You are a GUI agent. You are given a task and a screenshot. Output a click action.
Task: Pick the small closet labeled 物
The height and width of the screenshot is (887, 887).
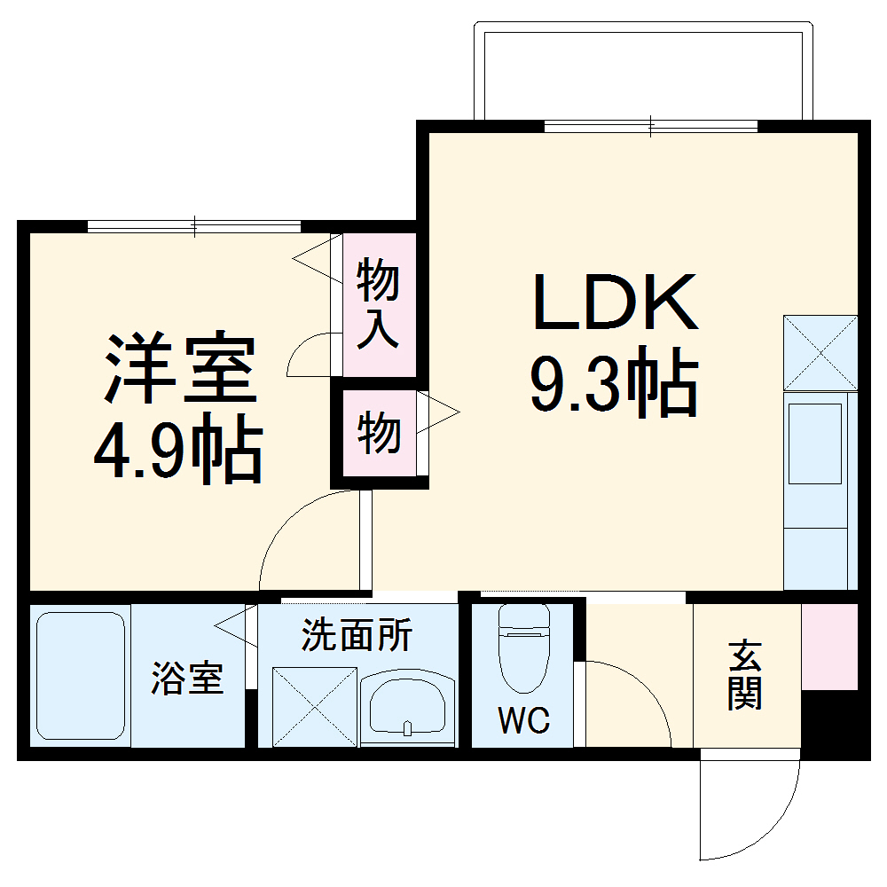[379, 435]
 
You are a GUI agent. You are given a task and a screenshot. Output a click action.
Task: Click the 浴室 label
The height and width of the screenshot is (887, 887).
[186, 679]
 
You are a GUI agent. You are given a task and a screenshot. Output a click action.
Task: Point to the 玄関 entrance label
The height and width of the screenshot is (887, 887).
[745, 676]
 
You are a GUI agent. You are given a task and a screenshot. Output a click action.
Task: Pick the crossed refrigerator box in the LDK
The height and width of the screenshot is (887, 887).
[820, 353]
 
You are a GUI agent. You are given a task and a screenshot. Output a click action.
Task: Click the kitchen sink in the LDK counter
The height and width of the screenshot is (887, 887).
[815, 443]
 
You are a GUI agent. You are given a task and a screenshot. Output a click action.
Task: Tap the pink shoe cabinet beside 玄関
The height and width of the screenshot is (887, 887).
[829, 646]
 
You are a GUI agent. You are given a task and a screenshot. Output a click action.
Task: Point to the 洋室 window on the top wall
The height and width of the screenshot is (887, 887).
[194, 226]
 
